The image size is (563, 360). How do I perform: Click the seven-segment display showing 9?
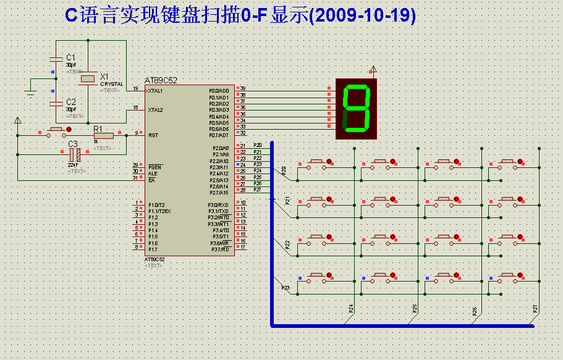coord(356,108)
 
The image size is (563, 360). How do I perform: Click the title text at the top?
coord(240,16)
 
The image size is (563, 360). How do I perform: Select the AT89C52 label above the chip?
coord(161,80)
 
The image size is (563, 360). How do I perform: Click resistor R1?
coord(103,135)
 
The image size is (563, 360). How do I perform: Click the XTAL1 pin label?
coord(155,91)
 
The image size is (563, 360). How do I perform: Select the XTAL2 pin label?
coord(155,110)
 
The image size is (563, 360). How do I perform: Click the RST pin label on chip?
coord(153,135)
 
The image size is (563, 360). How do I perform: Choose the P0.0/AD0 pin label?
coord(219,91)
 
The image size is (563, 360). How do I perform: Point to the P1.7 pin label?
coord(153,249)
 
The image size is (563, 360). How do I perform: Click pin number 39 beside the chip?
coord(243,88)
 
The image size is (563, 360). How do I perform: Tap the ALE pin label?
coord(153,174)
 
